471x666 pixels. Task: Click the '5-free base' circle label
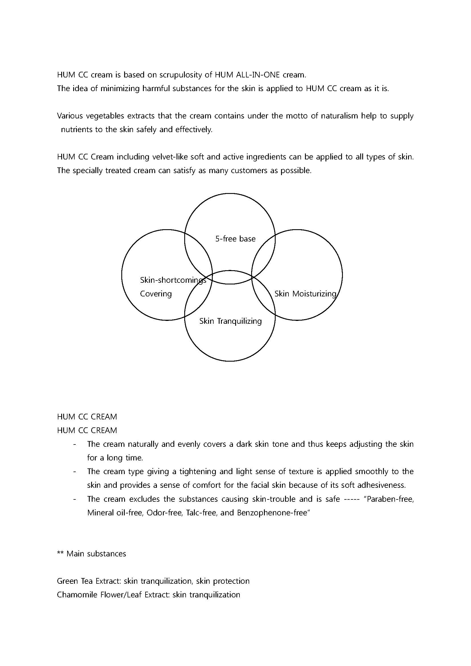coord(235,239)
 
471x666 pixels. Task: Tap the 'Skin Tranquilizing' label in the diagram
coord(230,321)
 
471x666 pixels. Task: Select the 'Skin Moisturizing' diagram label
coord(305,294)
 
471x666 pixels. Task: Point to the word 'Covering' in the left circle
coord(156,294)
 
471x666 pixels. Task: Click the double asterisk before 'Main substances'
coord(60,554)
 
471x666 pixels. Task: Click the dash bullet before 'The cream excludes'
coord(75,499)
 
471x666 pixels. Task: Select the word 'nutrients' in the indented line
coord(75,129)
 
